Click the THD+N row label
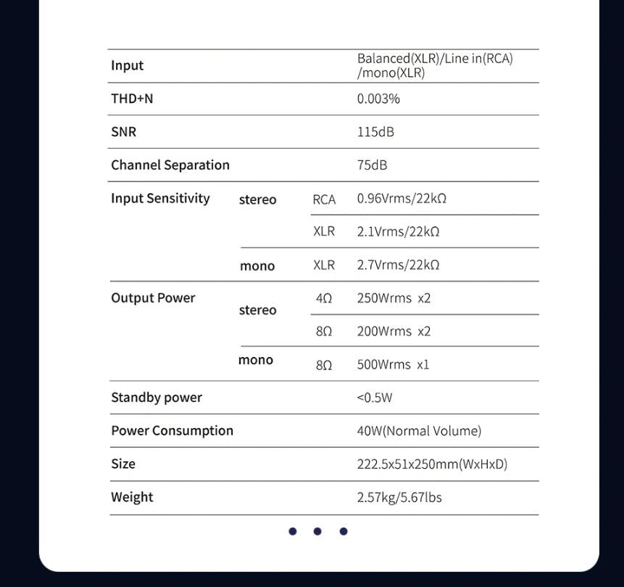132,99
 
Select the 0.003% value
378,99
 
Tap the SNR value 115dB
375,132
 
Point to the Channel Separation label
170,165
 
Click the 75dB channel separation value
372,165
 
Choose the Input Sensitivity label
160,199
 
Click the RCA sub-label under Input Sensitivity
324,200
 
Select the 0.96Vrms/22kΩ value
402,199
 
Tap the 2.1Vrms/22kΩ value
398,232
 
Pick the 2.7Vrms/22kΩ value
398,266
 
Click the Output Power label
153,298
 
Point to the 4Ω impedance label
324,299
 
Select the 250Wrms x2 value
394,298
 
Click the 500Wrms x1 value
393,365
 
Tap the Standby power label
157,398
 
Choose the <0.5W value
375,398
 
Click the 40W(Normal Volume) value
419,431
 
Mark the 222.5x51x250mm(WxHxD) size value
432,464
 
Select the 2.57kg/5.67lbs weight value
399,498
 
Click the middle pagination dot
317,531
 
